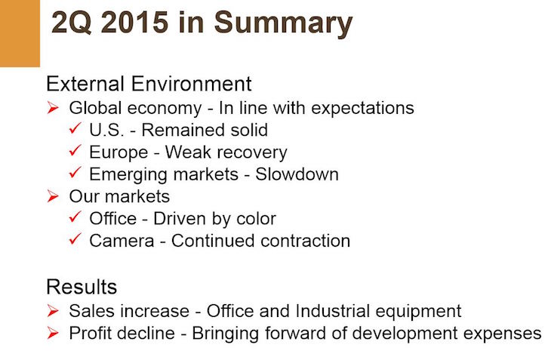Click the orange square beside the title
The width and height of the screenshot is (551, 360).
coord(20,33)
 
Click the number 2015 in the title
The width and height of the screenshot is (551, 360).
coord(134,23)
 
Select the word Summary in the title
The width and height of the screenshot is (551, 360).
coord(283,24)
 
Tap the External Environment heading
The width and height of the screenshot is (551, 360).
coord(149,84)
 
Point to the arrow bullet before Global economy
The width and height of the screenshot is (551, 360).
coord(53,107)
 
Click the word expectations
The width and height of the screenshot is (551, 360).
coord(362,108)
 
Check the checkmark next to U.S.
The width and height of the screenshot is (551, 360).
coord(75,128)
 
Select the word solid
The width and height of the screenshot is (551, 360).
coord(249,130)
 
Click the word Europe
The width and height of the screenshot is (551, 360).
coord(119,152)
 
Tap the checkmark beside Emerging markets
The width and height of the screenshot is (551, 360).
coord(75,172)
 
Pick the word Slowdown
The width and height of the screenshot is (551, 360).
coord(297,174)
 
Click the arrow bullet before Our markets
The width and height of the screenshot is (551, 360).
coord(53,196)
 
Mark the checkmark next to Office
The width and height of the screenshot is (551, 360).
coord(75,217)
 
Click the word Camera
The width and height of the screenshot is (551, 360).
coord(122,241)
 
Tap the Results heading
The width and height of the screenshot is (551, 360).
coord(82,287)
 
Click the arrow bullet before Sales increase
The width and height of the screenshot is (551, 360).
coord(53,310)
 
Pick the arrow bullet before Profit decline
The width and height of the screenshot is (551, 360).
coord(53,333)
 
